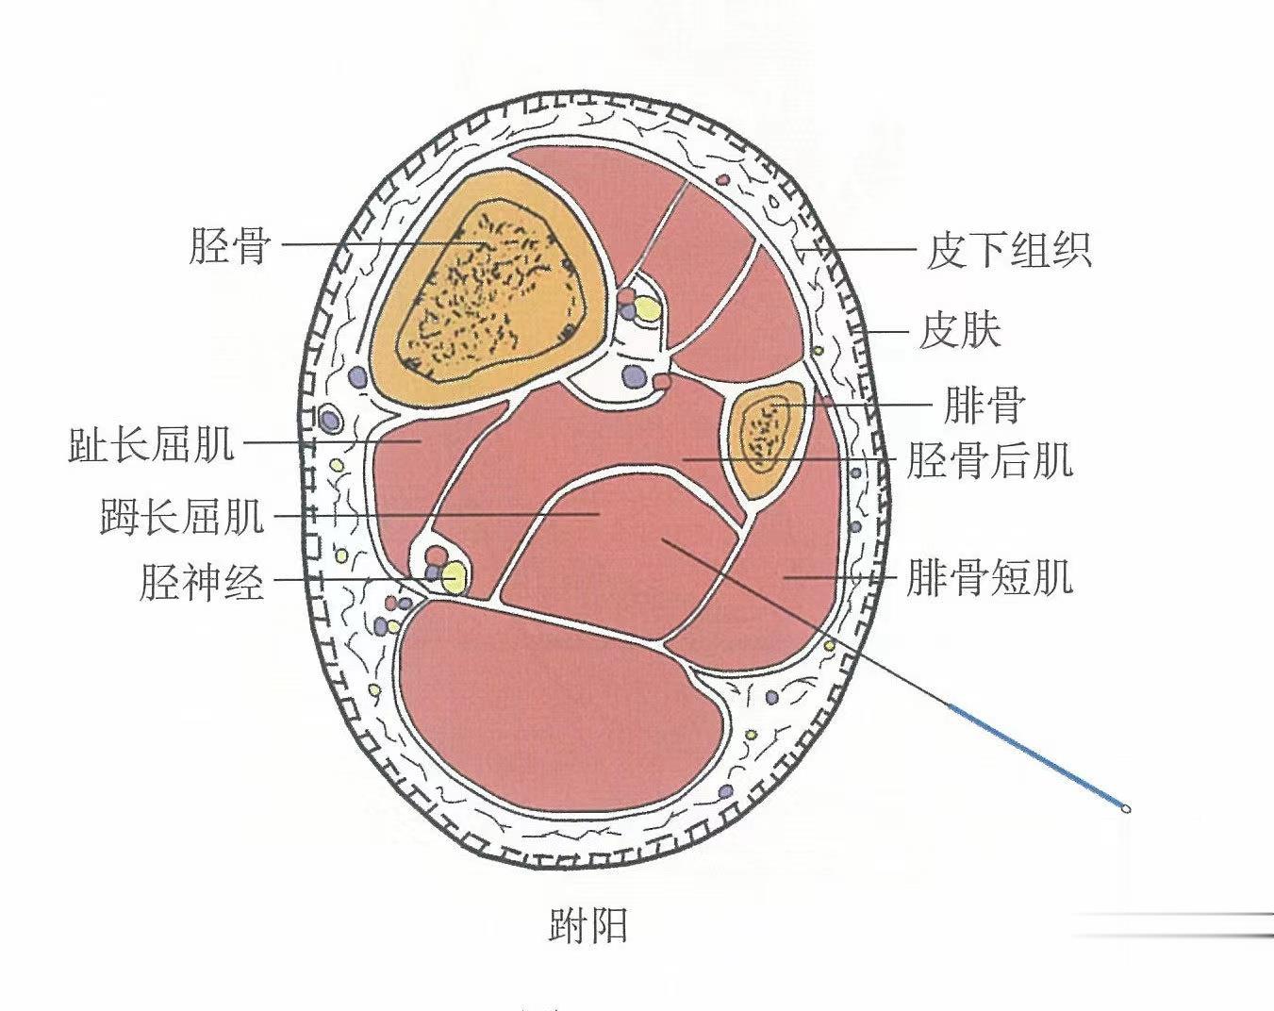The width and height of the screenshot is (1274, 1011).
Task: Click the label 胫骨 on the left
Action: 230,246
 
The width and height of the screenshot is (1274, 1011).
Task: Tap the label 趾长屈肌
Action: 151,444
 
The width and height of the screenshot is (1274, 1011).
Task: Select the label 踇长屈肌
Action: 182,517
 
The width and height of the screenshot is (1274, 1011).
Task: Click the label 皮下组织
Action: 1008,251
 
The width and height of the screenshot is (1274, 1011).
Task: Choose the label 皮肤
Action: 959,330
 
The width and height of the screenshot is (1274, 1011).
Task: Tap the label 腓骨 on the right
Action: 984,406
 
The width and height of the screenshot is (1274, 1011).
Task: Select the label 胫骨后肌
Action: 989,461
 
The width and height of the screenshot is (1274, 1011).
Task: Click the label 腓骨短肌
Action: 989,576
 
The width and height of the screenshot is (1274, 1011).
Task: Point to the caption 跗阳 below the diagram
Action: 587,926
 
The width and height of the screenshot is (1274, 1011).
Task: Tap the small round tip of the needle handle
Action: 1125,808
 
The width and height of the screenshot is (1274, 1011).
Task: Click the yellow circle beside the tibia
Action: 647,308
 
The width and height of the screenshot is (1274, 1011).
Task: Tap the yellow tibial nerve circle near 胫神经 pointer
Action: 454,574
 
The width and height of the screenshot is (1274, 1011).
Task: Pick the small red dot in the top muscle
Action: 723,177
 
